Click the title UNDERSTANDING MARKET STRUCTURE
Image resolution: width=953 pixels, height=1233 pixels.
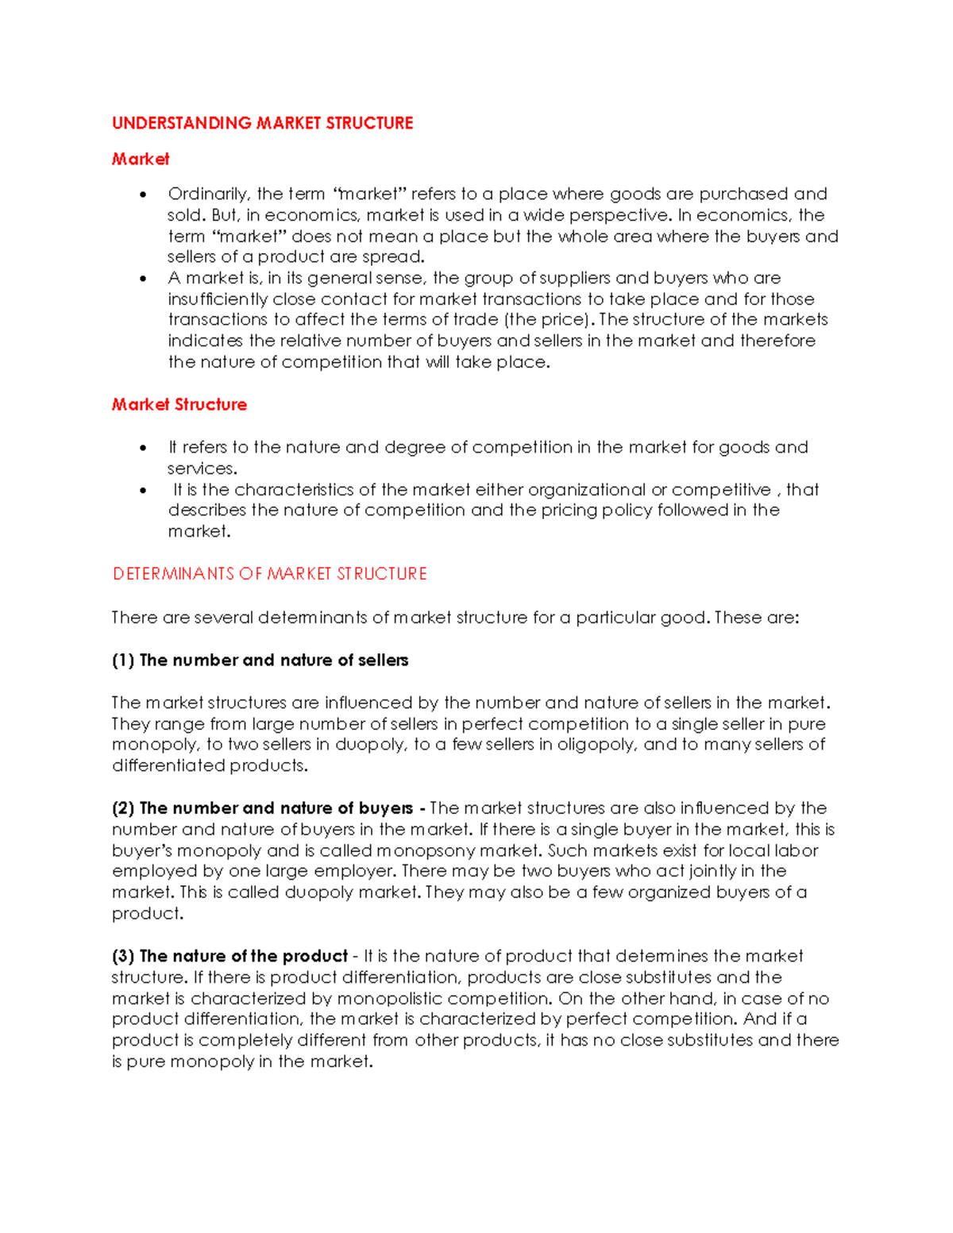point(262,123)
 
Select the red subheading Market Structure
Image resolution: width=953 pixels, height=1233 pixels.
point(179,405)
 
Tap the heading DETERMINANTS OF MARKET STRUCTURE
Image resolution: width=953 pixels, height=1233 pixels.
point(269,574)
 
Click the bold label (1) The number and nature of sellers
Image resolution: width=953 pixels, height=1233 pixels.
point(260,661)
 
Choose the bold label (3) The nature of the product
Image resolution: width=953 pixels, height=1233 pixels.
point(230,956)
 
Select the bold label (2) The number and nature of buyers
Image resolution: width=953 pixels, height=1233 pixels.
point(262,808)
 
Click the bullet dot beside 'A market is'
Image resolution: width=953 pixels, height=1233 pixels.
point(143,279)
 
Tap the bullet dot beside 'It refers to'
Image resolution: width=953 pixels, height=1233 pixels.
point(143,448)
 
